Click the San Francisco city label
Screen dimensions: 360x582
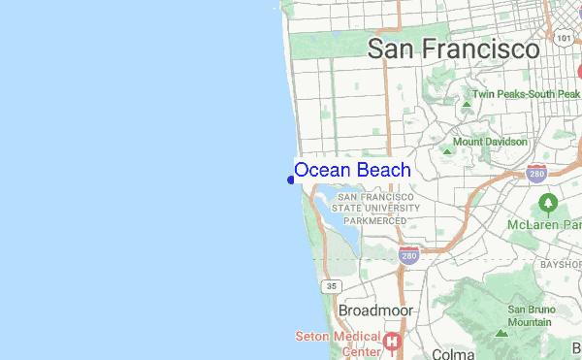454,49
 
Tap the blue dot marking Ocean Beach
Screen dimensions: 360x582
291,179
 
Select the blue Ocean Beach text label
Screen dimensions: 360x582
352,170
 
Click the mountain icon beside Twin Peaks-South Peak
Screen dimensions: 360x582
466,96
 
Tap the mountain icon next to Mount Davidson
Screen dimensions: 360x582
446,150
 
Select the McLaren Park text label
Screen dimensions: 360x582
543,224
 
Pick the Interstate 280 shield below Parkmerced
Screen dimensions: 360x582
407,256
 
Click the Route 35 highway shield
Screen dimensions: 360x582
333,286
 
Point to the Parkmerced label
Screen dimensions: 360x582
374,220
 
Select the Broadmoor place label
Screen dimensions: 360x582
375,311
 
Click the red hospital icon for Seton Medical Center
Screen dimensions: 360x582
392,342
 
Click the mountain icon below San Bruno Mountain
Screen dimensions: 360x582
501,332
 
